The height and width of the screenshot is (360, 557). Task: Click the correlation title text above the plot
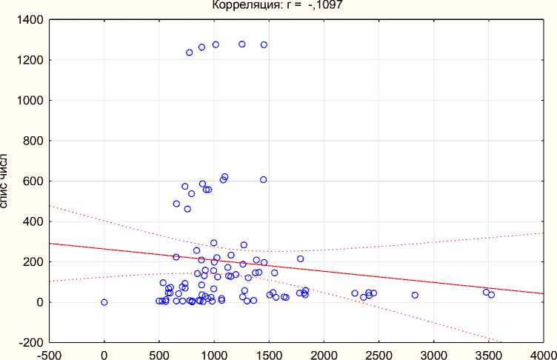(x=277, y=5)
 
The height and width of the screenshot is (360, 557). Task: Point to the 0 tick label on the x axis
(x=104, y=354)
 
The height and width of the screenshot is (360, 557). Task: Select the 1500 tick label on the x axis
(x=269, y=354)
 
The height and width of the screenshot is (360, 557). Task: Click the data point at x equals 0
(x=104, y=302)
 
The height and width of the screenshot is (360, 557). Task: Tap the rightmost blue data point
(x=491, y=295)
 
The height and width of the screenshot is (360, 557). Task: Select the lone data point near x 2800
(x=415, y=295)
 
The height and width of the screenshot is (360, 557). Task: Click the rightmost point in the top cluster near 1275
(x=264, y=45)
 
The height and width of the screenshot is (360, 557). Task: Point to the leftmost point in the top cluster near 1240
(x=190, y=53)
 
